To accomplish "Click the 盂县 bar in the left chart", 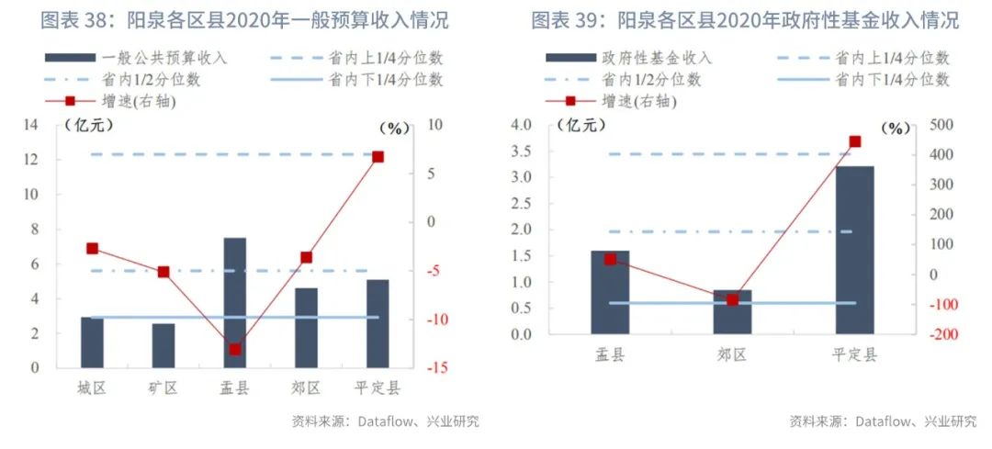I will coord(234,303).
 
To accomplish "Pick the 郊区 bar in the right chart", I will coord(732,312).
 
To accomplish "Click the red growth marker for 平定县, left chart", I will coord(378,157).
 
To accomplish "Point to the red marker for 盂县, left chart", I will coord(235,349).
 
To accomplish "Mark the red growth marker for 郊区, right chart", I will coord(732,300).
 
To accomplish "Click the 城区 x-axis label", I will coord(92,387).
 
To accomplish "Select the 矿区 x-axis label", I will coord(163,387).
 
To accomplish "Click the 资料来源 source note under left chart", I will coord(386,421).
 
